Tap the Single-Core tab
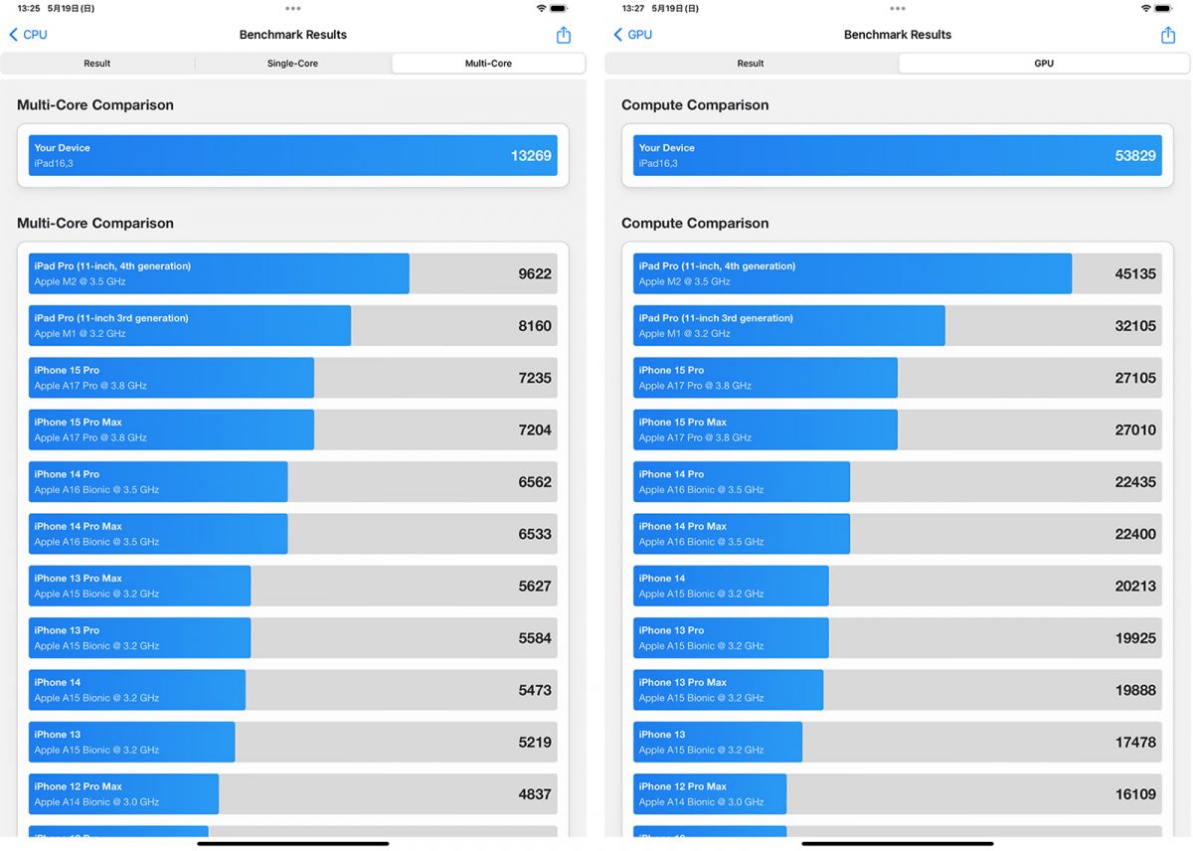(292, 64)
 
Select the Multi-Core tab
(488, 64)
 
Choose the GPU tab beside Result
(1043, 64)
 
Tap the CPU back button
(29, 35)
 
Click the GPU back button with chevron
(633, 35)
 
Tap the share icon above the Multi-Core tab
(564, 35)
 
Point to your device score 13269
(530, 156)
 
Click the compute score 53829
(1135, 156)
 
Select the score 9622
(535, 274)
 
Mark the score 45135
(1135, 274)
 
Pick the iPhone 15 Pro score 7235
(535, 378)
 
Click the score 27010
(1135, 430)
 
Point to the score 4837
(535, 794)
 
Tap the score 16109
(1135, 794)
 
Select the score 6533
(535, 534)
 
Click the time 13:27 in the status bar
(633, 8)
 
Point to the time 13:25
(29, 8)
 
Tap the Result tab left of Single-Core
(97, 64)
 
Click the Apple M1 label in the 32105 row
(684, 334)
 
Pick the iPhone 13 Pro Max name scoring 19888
(683, 682)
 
